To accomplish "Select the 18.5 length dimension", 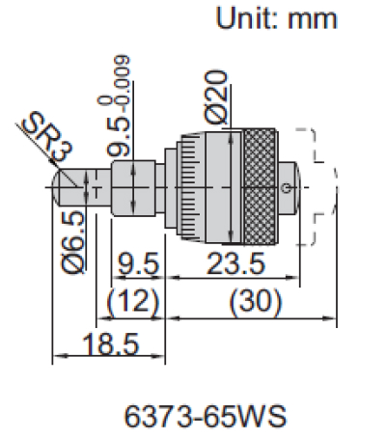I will (x=105, y=343).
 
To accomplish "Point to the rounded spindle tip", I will (x=60, y=180).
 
